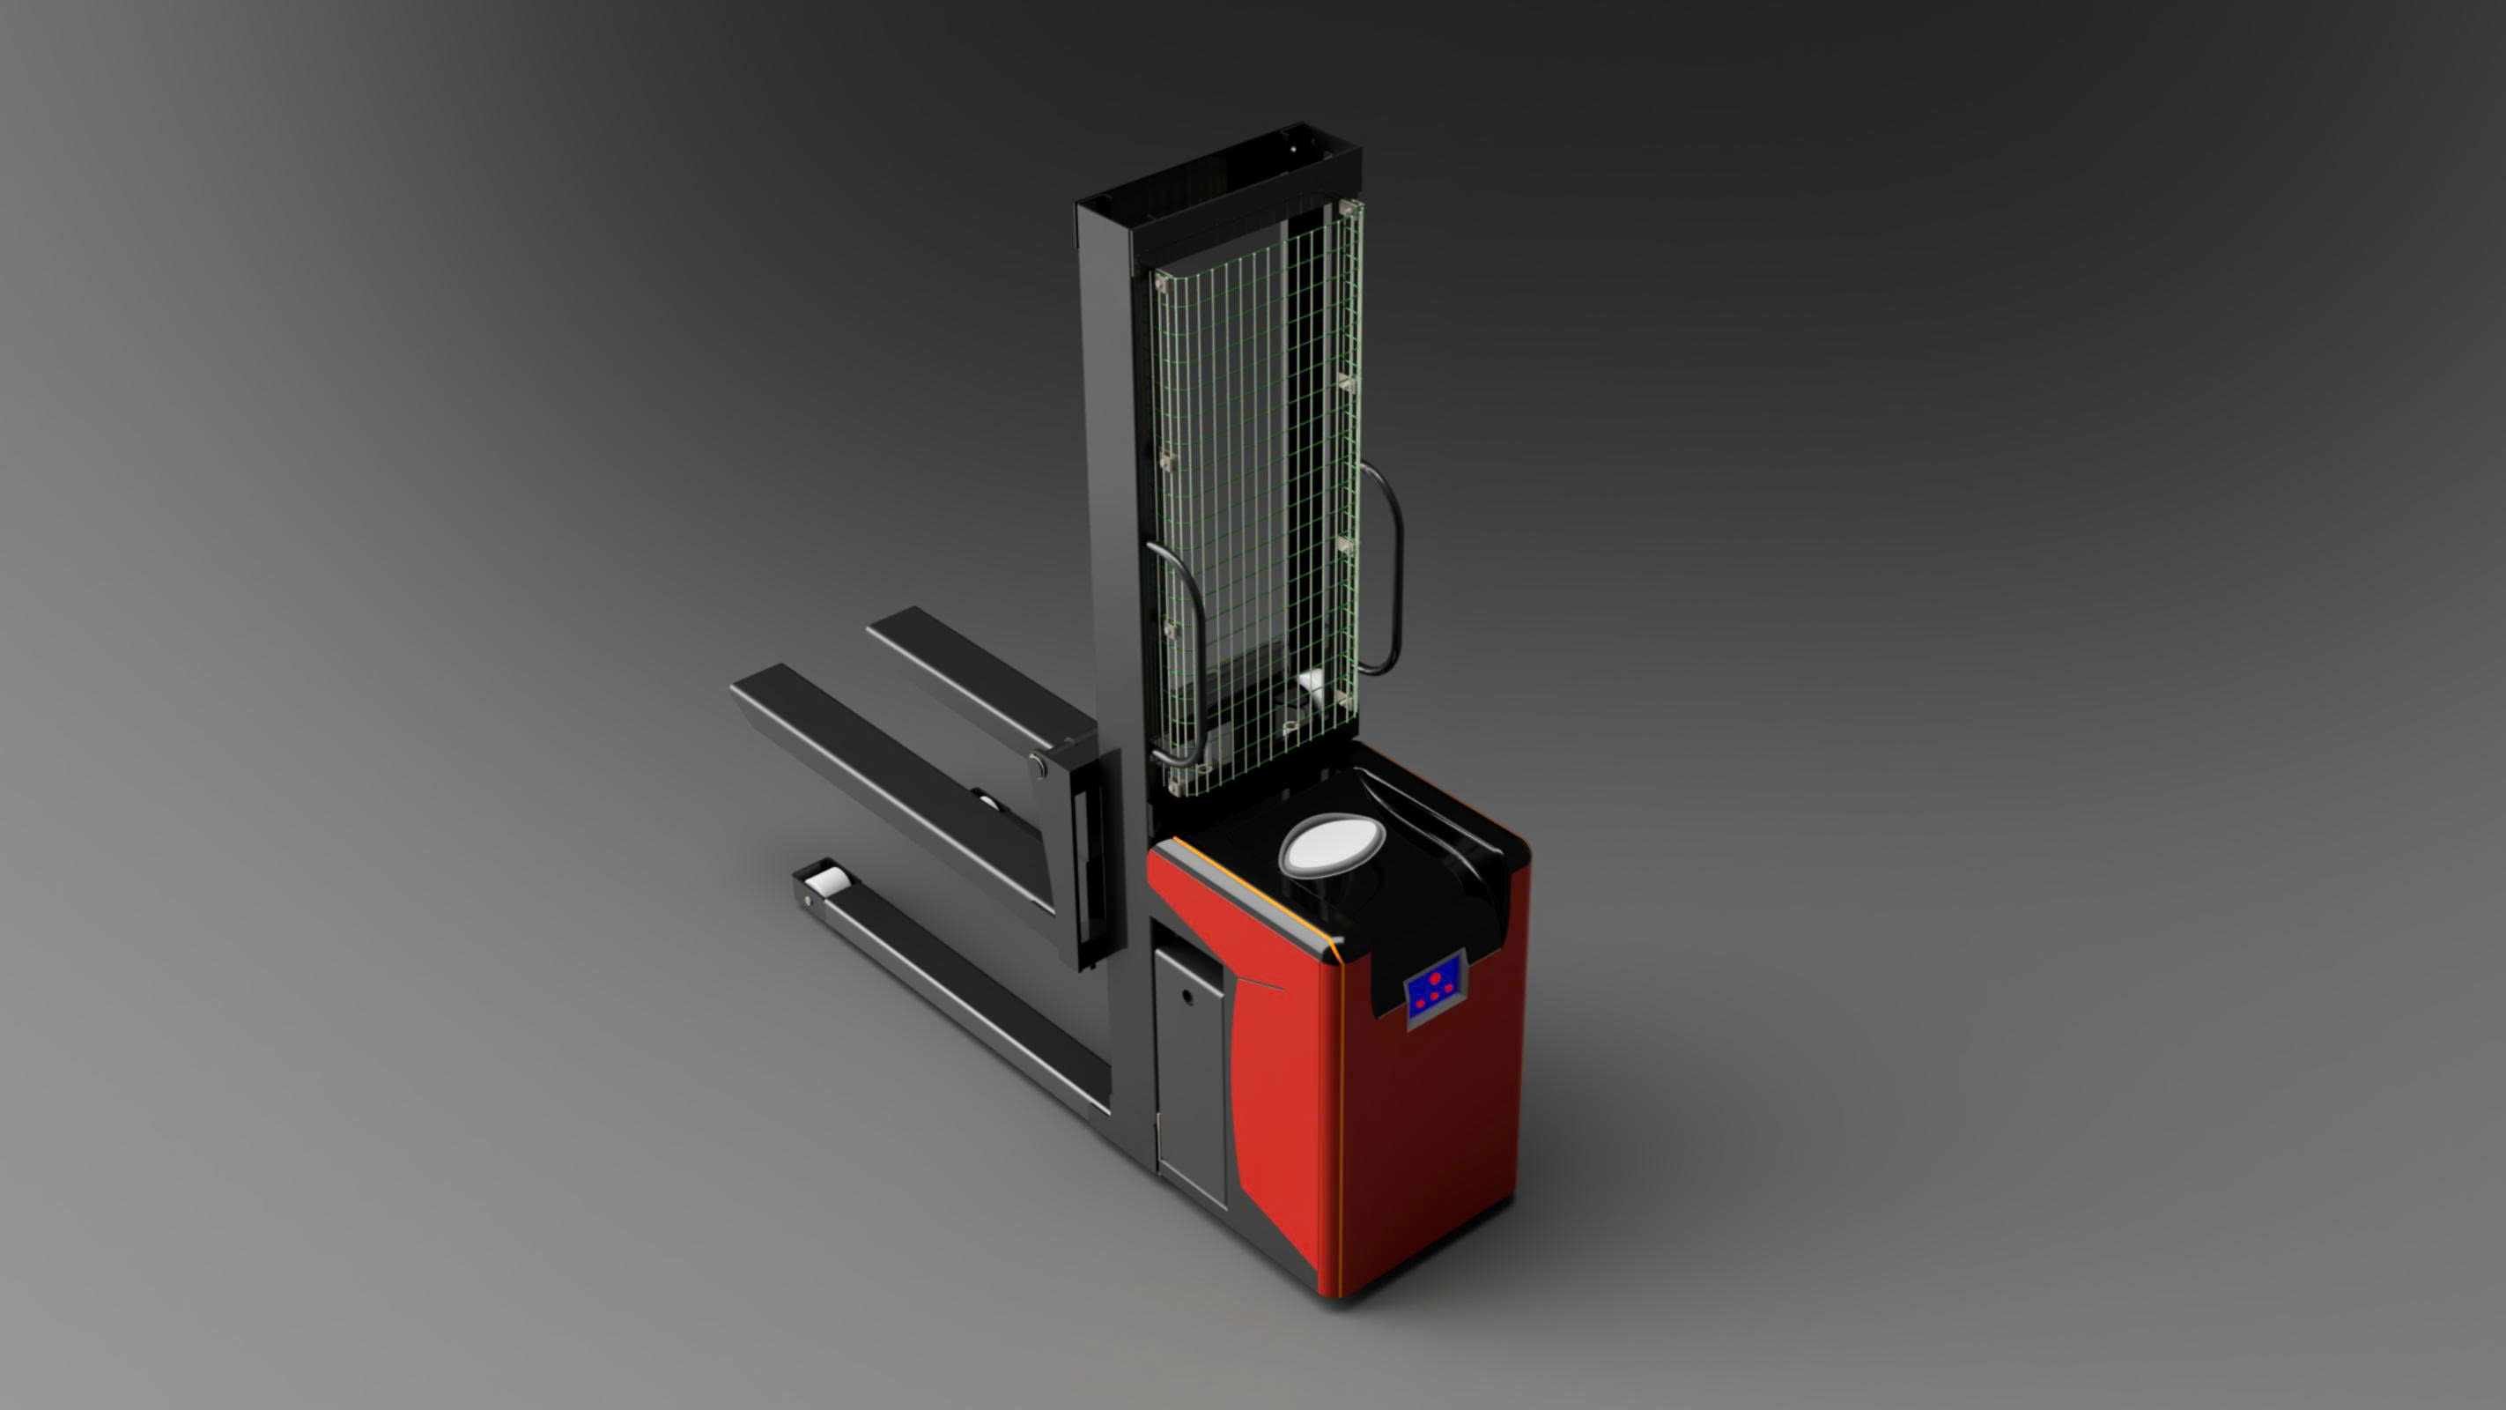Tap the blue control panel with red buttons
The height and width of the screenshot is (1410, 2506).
point(1434,989)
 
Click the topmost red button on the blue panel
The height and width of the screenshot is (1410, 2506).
point(1435,977)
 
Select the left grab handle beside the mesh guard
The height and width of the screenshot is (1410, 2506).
point(1180,654)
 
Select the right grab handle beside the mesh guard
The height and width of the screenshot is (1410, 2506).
point(1387,569)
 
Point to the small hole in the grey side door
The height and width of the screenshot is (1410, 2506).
point(1186,997)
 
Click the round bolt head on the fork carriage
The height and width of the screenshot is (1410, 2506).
point(1038,766)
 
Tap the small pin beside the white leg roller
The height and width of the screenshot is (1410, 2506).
point(808,902)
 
